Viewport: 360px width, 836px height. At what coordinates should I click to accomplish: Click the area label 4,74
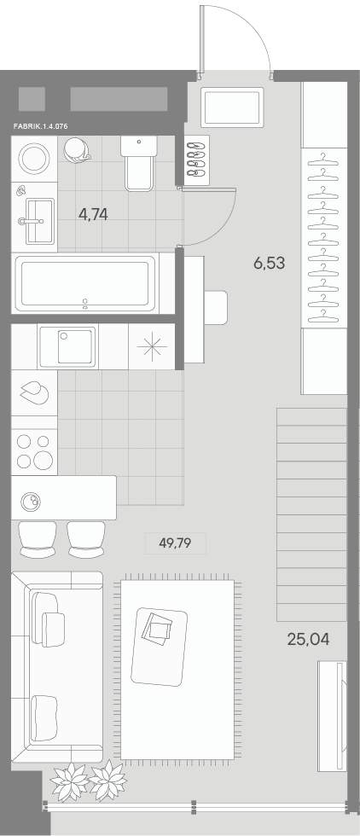[93, 214]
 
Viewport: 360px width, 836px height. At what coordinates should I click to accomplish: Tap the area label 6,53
[270, 263]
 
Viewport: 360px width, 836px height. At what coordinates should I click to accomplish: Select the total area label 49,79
[175, 543]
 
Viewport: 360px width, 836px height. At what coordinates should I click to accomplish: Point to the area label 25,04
[308, 639]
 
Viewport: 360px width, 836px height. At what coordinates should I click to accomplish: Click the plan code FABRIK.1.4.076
[42, 127]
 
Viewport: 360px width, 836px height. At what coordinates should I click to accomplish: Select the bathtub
[86, 283]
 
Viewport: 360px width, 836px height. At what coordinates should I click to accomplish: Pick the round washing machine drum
[35, 158]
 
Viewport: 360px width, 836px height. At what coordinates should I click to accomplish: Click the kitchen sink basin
[67, 346]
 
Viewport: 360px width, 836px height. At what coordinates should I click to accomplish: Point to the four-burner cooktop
[34, 451]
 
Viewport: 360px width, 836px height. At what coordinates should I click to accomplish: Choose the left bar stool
[38, 539]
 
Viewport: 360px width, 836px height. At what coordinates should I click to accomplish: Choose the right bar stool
[86, 539]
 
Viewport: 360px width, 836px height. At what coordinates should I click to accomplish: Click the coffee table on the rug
[159, 647]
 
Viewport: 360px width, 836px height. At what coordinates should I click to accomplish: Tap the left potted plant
[69, 781]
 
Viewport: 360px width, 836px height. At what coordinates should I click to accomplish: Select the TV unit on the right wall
[332, 716]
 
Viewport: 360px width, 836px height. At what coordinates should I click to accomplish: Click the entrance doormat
[233, 107]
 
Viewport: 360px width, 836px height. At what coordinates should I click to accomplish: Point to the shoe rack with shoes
[197, 159]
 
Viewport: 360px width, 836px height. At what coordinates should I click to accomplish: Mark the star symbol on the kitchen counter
[152, 346]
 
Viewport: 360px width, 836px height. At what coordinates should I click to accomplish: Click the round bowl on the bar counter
[31, 501]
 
